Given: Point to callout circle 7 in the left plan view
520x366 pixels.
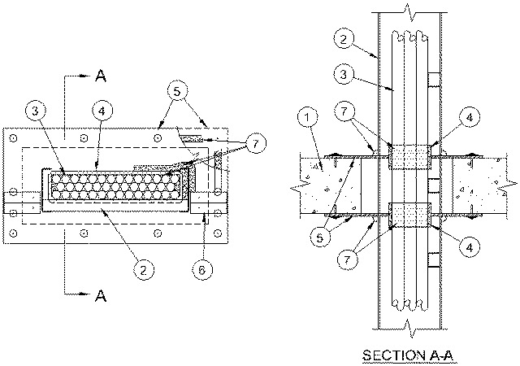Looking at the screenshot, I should click(255, 145).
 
